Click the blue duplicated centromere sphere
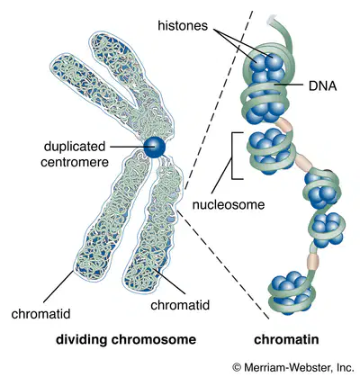[154, 147]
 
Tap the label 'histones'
[183, 26]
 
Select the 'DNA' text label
[322, 86]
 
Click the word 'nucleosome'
[229, 204]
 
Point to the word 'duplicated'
[75, 147]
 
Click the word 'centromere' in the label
[75, 162]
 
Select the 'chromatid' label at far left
[40, 314]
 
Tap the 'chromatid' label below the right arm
[180, 305]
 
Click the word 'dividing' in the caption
[81, 340]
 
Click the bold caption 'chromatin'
[286, 340]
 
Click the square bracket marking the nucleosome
[233, 156]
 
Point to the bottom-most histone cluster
[291, 292]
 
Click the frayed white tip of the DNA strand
[271, 20]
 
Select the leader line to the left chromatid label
[58, 286]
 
